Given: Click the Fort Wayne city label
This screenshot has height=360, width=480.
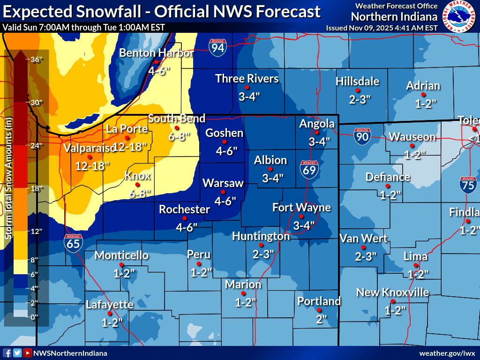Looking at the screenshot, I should click(x=301, y=207).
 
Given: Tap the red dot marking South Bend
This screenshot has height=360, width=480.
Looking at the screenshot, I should click(x=177, y=128).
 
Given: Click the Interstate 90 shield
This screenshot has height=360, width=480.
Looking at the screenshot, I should click(x=362, y=135).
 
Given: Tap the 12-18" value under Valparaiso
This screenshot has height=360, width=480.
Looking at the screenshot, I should click(x=92, y=165).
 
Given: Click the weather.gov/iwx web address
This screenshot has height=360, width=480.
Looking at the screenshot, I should click(x=447, y=353).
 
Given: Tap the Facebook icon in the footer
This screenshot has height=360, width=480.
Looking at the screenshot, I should click(x=7, y=353).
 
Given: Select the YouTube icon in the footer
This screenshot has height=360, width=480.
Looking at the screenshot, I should click(x=28, y=353).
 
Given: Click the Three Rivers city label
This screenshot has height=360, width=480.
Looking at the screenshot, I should click(x=247, y=78).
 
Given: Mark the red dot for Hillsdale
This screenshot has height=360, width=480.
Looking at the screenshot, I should click(x=358, y=90).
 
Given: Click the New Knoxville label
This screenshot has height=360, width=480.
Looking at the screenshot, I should click(x=392, y=292).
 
